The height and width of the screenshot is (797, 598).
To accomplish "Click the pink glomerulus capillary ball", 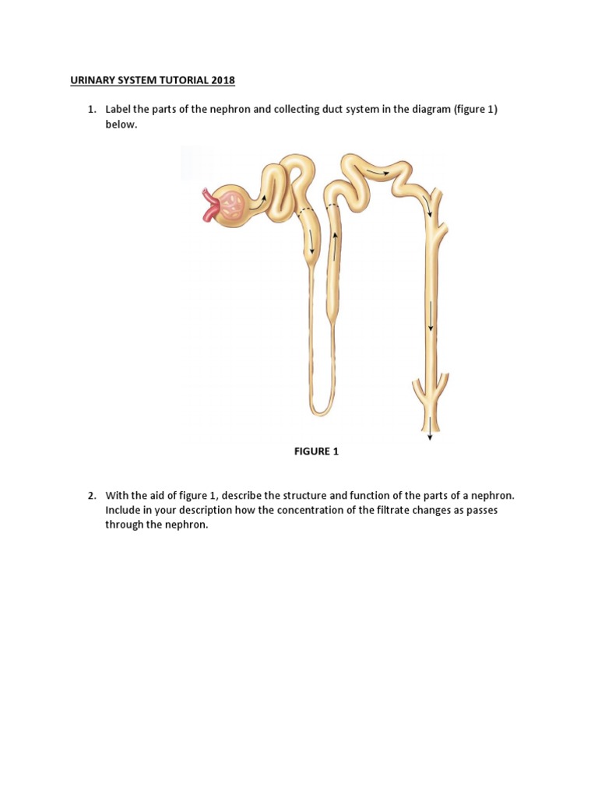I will click(x=231, y=205).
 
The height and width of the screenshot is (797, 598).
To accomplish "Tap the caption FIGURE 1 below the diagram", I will click(x=316, y=451).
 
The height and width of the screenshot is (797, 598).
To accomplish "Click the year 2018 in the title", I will click(x=221, y=80).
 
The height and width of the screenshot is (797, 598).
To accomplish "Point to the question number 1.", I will click(x=91, y=110).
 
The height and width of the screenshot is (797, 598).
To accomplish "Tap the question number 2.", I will click(x=91, y=496).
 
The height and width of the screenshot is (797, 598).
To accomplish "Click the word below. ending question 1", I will click(x=121, y=125).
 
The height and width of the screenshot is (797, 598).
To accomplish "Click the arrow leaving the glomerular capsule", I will click(x=264, y=198).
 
